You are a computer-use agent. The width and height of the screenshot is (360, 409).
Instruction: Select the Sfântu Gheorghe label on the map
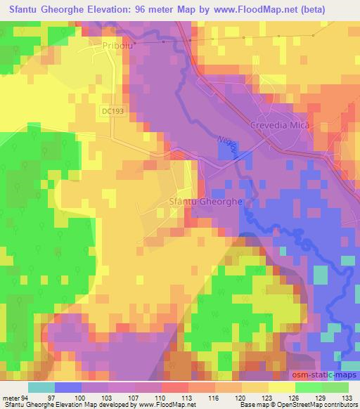click(205, 201)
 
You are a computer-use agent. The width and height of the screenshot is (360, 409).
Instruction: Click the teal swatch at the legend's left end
click(41, 387)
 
